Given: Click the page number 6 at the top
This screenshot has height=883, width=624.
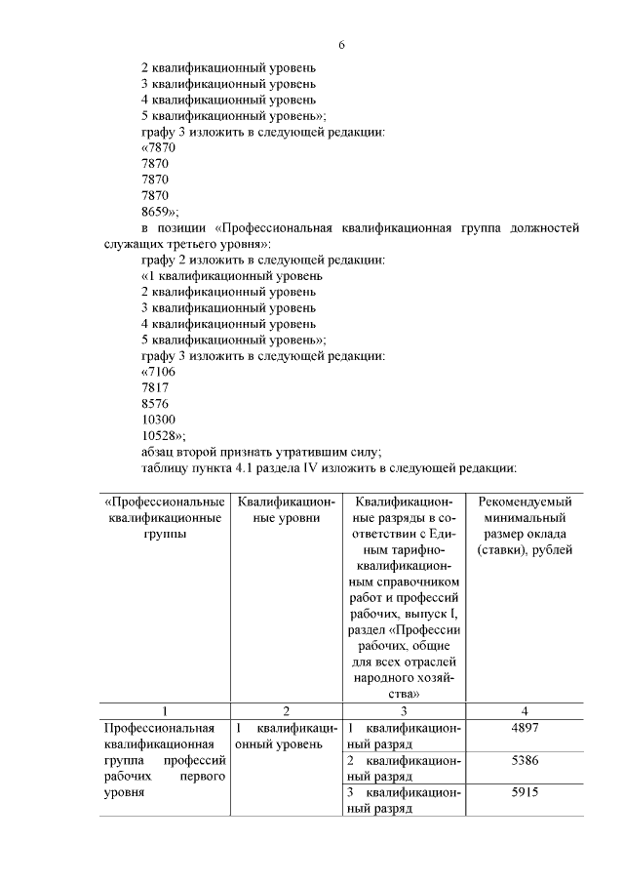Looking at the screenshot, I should tap(341, 45).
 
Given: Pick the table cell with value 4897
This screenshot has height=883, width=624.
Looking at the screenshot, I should tap(526, 729).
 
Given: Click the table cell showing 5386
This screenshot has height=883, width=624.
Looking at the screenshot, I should tap(526, 760).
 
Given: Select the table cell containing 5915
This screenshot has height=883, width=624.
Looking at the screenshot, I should tap(526, 792).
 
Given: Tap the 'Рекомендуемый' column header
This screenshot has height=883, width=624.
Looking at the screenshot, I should tap(526, 502).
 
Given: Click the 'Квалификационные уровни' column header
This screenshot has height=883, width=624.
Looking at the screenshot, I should tap(286, 510).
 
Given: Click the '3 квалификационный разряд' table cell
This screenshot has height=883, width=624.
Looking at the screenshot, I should tap(404, 800).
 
